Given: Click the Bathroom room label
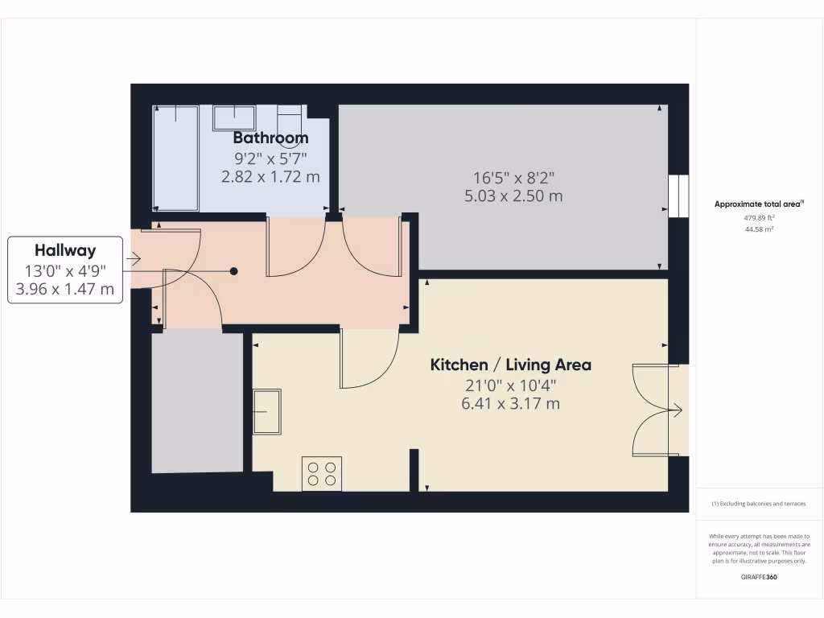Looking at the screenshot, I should pos(270,138).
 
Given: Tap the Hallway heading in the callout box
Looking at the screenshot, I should pos(65,250).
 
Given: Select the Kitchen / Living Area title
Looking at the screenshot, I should pos(511,365).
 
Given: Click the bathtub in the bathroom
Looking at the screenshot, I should pos(176,158).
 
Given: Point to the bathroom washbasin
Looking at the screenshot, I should pos(233,117).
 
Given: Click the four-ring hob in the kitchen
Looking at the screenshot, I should pos(322,473).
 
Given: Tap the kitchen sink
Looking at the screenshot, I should pos(267,412).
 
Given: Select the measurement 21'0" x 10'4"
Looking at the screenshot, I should pos(510,385).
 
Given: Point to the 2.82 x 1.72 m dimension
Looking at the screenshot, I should pos(270,176).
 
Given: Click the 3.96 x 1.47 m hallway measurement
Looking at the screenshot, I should pos(65,289).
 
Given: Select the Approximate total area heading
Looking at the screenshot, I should pos(759,204).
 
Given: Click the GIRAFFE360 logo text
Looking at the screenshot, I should pos(759,577).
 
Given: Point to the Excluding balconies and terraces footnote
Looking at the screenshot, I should pos(759,504).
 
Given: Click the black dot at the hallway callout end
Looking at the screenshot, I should pos(234,271).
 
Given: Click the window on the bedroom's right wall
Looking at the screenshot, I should pos(678,196).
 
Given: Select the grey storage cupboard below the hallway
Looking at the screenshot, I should pos(198,402).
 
